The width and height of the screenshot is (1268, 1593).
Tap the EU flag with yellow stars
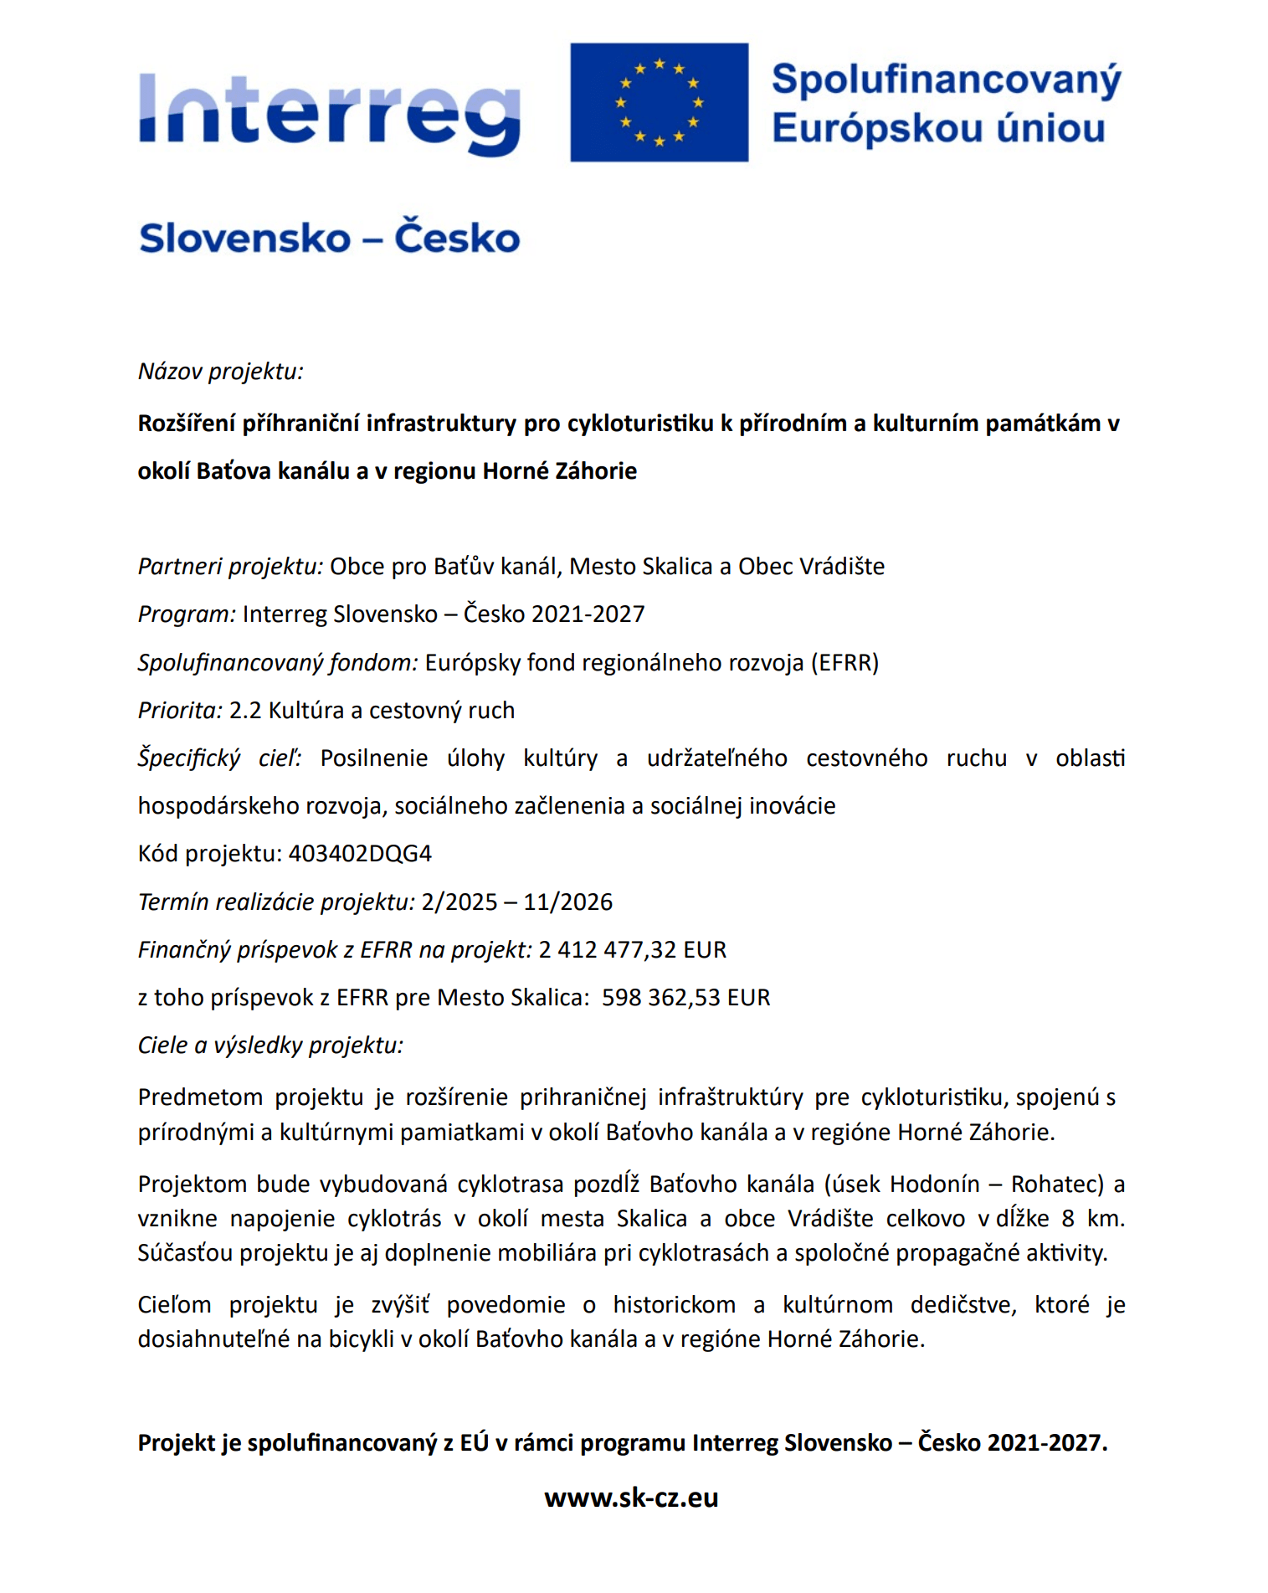659,102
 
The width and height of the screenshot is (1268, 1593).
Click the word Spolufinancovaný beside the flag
946,80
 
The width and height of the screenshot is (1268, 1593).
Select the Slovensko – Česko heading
329,238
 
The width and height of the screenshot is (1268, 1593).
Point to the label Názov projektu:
220,371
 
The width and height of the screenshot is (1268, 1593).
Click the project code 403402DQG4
360,853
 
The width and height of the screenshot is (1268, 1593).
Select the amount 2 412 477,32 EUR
633,949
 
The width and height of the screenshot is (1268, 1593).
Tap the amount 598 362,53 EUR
685,997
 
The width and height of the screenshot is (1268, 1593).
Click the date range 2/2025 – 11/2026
517,902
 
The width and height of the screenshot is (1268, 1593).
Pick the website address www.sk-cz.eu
631,1498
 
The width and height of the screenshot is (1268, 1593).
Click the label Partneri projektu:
230,566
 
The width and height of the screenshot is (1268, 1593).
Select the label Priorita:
180,710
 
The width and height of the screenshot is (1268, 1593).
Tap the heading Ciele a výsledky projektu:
270,1045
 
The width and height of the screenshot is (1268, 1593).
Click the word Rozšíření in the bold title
187,424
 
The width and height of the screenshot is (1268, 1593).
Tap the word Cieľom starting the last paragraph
174,1304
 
